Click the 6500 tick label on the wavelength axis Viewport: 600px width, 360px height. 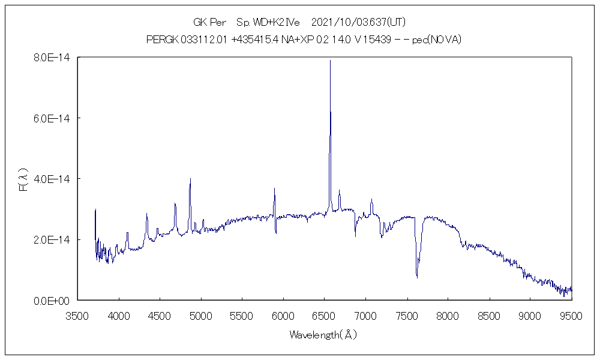[325, 315]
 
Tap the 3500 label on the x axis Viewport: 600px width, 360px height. [77, 315]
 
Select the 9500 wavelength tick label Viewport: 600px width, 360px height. [572, 315]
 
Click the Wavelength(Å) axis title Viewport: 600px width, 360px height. [323, 334]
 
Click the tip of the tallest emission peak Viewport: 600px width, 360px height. [330, 60]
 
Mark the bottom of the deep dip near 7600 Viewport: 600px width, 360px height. [417, 277]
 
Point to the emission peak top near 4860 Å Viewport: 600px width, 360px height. [190, 179]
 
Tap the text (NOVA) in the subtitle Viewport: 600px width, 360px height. [445, 40]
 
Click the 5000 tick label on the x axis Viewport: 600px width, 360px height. [201, 315]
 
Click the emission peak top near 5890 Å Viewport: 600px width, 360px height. [274, 188]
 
